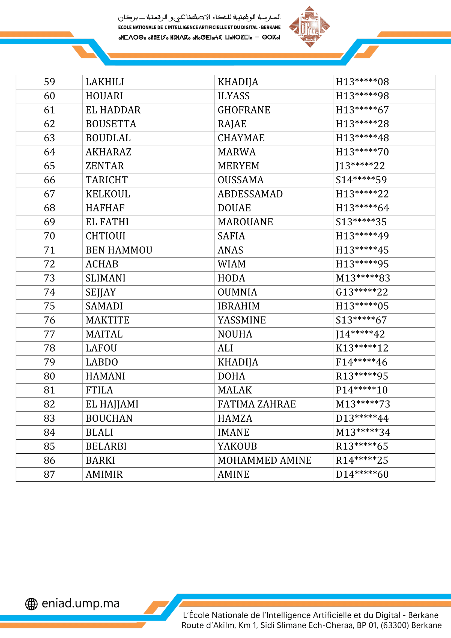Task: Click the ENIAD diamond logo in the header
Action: click(309, 27)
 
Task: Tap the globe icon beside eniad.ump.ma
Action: click(31, 604)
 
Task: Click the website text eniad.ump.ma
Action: click(80, 603)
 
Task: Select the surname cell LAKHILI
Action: click(105, 82)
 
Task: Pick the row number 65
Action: click(49, 166)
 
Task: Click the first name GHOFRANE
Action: click(244, 110)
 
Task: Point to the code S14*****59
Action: click(361, 180)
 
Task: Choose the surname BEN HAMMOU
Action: click(119, 250)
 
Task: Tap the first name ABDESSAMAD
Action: click(250, 194)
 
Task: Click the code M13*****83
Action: click(363, 278)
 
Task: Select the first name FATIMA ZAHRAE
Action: click(257, 404)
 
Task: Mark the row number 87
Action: click(49, 474)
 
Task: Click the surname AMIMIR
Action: click(104, 474)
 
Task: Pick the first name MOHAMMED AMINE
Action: click(265, 460)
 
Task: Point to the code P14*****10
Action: click(362, 390)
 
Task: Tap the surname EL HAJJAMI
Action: click(112, 404)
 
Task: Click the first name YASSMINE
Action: click(242, 320)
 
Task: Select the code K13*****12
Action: click(362, 348)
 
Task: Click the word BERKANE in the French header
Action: click(270, 28)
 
